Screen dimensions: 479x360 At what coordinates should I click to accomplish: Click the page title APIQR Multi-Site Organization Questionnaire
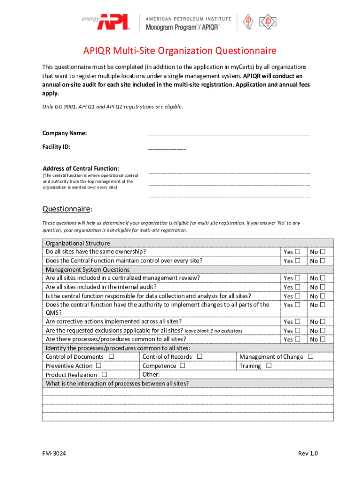pos(180,51)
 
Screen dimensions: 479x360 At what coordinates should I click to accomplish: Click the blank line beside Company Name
pos(229,134)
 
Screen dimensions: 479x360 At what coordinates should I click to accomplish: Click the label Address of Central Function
pos(81,168)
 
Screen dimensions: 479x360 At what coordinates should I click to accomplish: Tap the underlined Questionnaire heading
pos(67,209)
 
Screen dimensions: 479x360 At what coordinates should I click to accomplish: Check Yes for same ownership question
pos(298,252)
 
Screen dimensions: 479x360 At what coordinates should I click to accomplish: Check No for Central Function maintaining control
pos(323,261)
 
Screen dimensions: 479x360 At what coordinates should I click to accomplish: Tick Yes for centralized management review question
pos(298,278)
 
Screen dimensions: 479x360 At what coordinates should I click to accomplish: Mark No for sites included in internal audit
pos(323,287)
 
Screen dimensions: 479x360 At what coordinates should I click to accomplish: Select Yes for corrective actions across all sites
pos(298,322)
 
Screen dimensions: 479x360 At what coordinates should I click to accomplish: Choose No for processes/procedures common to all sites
pos(323,339)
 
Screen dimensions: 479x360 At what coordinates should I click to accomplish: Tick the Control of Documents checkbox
pos(111,356)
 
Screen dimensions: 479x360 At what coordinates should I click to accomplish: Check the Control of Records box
pos(200,356)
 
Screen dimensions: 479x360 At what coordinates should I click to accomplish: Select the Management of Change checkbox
pos(311,356)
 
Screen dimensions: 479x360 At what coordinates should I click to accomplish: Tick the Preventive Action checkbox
pos(99,365)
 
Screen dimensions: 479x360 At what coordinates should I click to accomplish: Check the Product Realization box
pos(104,374)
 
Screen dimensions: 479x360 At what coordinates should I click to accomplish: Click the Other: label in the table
pos(151,374)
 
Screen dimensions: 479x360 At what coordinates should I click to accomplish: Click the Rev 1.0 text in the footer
pos(308,453)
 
